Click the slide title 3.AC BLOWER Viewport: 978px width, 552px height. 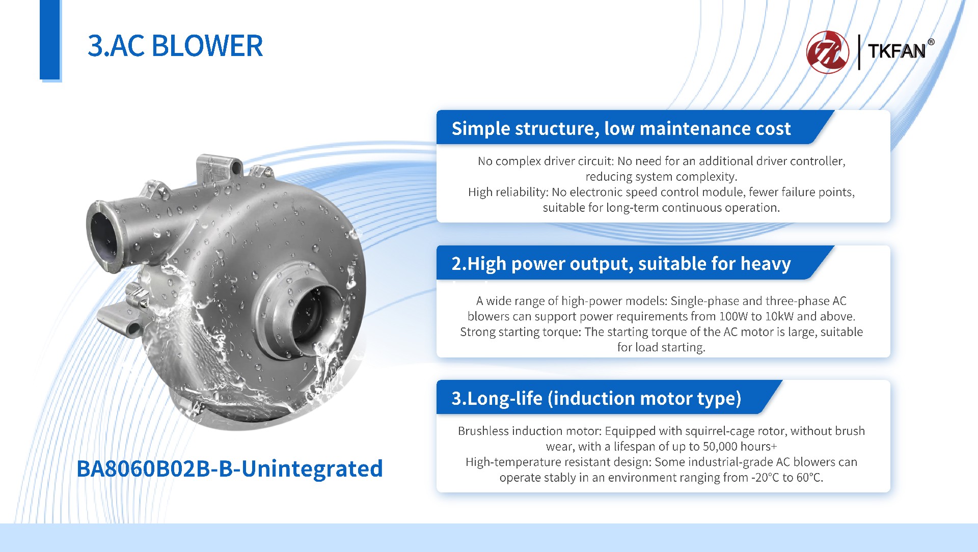[x=175, y=46]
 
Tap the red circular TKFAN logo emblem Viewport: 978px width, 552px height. [x=828, y=52]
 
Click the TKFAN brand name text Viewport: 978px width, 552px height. [x=896, y=51]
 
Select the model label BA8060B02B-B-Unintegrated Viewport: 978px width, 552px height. [x=229, y=468]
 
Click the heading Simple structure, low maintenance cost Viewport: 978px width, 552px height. [x=621, y=128]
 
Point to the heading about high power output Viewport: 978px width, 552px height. [x=621, y=264]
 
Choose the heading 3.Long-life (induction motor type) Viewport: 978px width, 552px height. [x=596, y=398]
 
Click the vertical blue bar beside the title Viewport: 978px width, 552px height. [x=50, y=40]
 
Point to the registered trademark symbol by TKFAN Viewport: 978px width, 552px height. [x=931, y=42]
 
